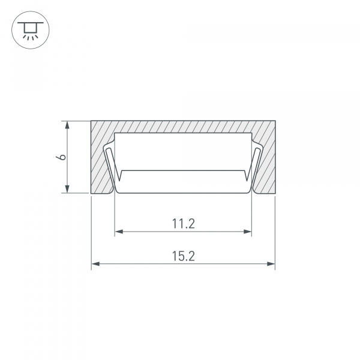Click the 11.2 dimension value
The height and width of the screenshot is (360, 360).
[x=183, y=224]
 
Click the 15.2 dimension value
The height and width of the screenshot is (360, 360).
[x=183, y=256]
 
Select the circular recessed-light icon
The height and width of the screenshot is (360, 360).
[x=31, y=30]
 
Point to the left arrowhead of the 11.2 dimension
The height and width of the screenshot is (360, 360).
[x=119, y=232]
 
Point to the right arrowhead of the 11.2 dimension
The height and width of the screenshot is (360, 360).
[x=247, y=232]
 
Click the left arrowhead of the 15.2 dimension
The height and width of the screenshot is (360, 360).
[x=95, y=264]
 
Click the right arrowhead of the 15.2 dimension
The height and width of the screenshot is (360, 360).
[x=271, y=264]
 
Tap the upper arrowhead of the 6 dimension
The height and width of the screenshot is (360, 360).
[x=67, y=125]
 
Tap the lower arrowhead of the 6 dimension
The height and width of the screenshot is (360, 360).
[x=67, y=189]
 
